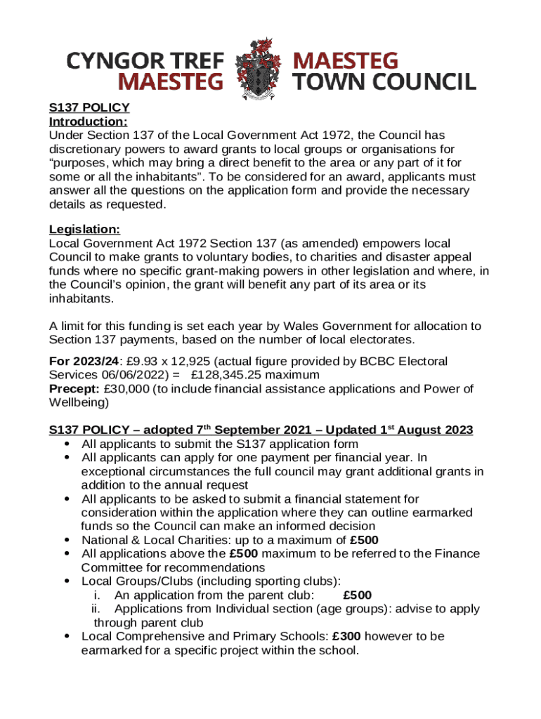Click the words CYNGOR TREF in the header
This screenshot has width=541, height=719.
click(x=145, y=60)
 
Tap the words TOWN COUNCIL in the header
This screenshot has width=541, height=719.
click(x=384, y=82)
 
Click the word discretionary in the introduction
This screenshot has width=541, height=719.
click(x=85, y=149)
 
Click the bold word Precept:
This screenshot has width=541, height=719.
click(x=74, y=389)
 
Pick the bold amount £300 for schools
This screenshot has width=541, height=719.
click(x=347, y=636)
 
